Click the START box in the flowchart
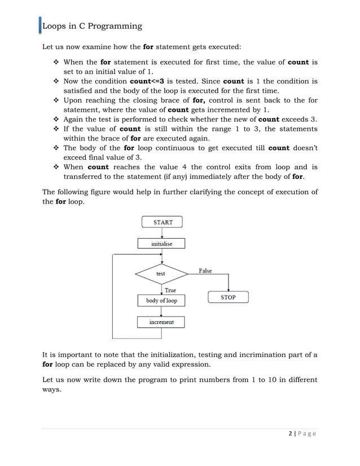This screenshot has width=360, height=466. pos(163,222)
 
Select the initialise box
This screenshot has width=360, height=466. pos(162,244)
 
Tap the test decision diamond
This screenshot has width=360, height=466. pos(161,274)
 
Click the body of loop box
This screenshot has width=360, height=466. pos(161,301)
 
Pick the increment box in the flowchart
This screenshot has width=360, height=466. pos(161,322)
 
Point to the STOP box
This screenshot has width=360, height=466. pos(228,297)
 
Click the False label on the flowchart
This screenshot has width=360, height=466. pos(205,271)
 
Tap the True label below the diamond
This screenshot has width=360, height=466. pos(170,290)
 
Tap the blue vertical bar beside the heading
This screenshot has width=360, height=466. pos(40,26)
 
